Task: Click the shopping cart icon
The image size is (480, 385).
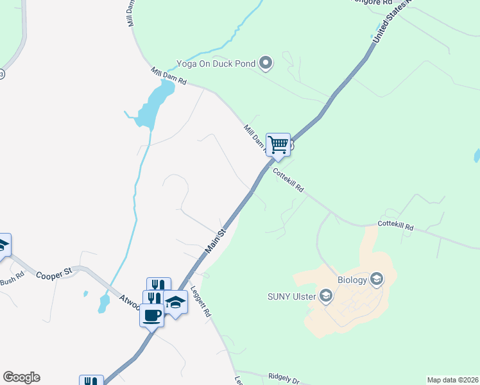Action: tap(278, 144)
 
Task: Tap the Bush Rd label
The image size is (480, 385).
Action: tap(12, 279)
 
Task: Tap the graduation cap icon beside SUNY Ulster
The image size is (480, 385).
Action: tap(325, 296)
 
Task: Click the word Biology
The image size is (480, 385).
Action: tap(352, 280)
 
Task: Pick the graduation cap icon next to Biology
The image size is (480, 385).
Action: tap(376, 279)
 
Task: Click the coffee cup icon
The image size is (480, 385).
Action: tap(152, 315)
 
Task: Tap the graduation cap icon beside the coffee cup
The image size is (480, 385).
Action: tap(175, 302)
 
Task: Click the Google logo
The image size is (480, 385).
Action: tap(21, 377)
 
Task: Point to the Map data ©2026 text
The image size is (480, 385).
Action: tap(452, 380)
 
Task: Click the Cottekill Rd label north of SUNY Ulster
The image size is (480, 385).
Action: tap(396, 226)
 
